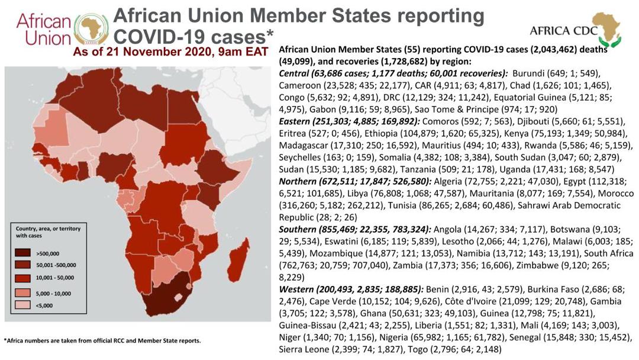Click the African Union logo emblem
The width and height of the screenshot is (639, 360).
point(91,30)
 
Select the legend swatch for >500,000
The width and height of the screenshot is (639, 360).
point(26,252)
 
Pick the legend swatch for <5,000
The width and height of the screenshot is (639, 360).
point(26,306)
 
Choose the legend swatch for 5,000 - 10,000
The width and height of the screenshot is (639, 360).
point(26,292)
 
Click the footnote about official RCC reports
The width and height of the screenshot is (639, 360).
point(102,340)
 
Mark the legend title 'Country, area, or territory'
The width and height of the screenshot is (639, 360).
point(48,229)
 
